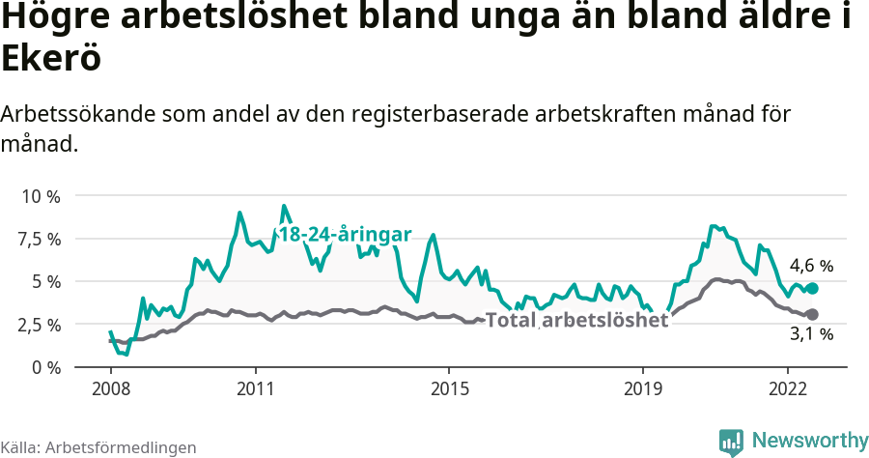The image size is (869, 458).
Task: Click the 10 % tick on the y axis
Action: coord(40,196)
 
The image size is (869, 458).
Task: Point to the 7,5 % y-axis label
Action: coord(40,239)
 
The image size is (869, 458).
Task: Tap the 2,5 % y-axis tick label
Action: coord(40,325)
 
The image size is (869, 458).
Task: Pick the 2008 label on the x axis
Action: coord(110,388)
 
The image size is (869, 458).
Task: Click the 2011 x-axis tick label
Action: coord(255,388)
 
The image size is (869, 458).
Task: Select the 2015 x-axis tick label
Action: coord(448,388)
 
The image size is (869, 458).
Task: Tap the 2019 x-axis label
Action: coord(642,388)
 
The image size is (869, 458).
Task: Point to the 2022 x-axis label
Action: coord(787,388)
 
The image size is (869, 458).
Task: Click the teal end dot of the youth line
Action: coord(812,288)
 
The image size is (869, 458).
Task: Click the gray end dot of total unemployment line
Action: coord(812,314)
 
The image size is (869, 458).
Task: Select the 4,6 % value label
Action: coord(811,265)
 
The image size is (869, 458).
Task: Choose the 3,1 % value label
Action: coord(811,335)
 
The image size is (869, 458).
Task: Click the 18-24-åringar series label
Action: coord(345,235)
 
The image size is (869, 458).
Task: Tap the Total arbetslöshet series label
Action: coord(576,321)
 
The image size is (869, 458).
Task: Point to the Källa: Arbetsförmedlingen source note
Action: coord(98,447)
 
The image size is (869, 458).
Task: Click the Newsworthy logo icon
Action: coord(731,442)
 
